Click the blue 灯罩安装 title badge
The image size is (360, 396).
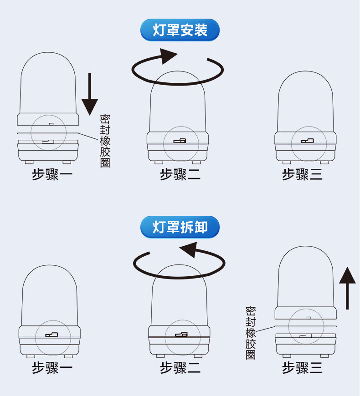[180, 30]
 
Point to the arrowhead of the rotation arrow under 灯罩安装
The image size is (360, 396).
[168, 57]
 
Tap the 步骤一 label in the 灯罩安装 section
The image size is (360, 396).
[52, 174]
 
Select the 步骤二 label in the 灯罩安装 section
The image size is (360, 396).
[180, 174]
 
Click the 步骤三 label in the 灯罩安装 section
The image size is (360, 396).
[302, 174]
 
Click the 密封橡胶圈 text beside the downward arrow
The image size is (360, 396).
[105, 141]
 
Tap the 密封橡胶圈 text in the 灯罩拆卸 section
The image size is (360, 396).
[251, 333]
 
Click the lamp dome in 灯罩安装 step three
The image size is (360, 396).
[305, 102]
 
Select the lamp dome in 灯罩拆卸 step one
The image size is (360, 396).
[49, 296]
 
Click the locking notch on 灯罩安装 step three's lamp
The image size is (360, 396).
[306, 141]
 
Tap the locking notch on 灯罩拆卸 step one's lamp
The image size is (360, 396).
[51, 335]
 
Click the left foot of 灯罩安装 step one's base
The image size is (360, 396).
[29, 162]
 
